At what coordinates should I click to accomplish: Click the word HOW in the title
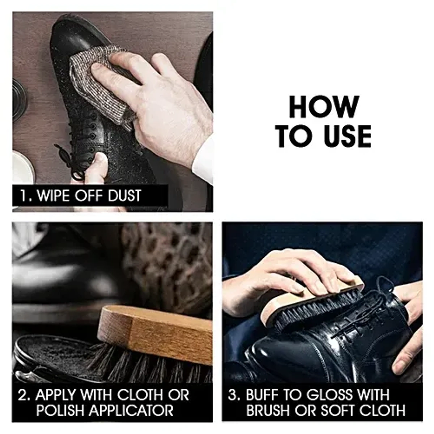324,107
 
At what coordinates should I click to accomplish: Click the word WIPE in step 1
53,196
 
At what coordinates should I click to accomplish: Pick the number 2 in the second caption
24,395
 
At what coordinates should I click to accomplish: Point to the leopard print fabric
170,260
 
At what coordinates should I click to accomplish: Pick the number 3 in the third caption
234,395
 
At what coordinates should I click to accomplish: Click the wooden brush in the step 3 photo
311,300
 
